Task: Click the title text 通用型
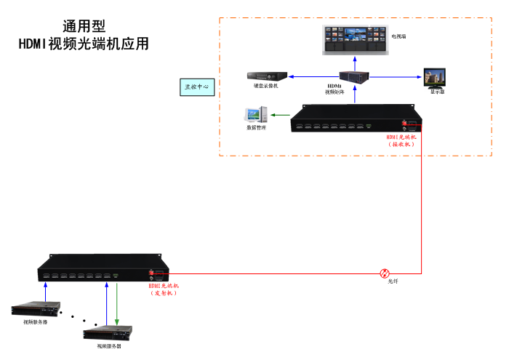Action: click(x=83, y=27)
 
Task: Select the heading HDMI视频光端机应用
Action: click(x=84, y=44)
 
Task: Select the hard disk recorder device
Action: click(x=266, y=76)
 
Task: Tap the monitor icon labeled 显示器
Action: click(x=437, y=76)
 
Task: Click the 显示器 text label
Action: click(x=437, y=92)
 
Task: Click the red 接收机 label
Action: click(x=401, y=140)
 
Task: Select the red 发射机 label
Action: click(x=164, y=289)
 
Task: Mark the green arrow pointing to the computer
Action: click(x=280, y=114)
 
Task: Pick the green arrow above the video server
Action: click(x=118, y=302)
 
